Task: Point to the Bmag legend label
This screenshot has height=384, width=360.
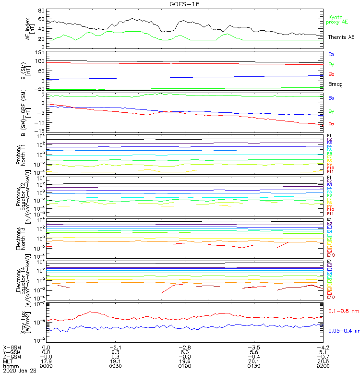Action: coord(334,84)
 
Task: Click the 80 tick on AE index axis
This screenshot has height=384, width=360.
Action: coord(41,11)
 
